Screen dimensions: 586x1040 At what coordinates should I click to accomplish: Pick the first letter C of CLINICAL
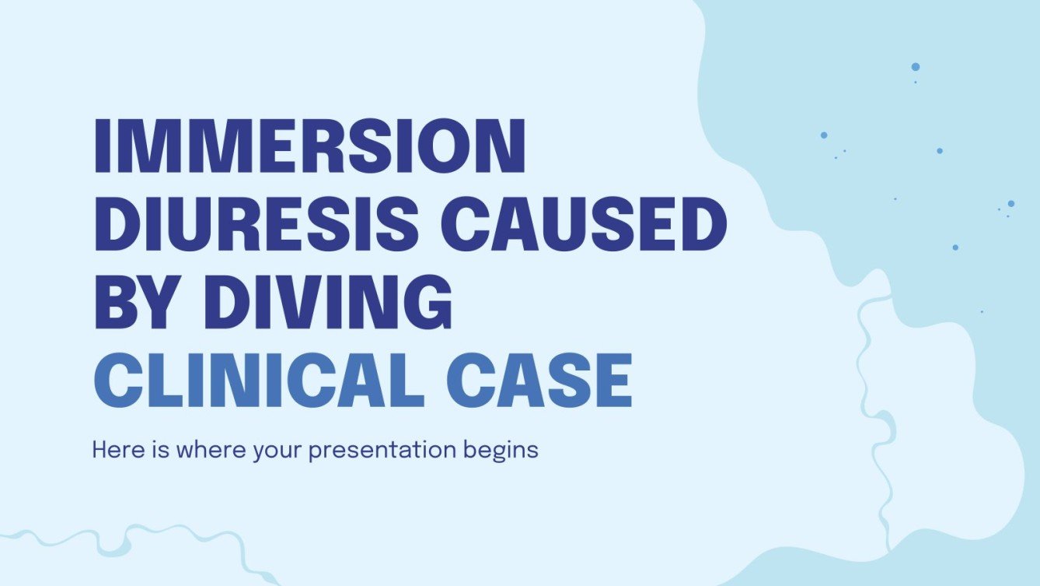(x=120, y=381)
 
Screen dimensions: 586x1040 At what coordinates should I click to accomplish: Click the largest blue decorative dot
(x=916, y=67)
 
